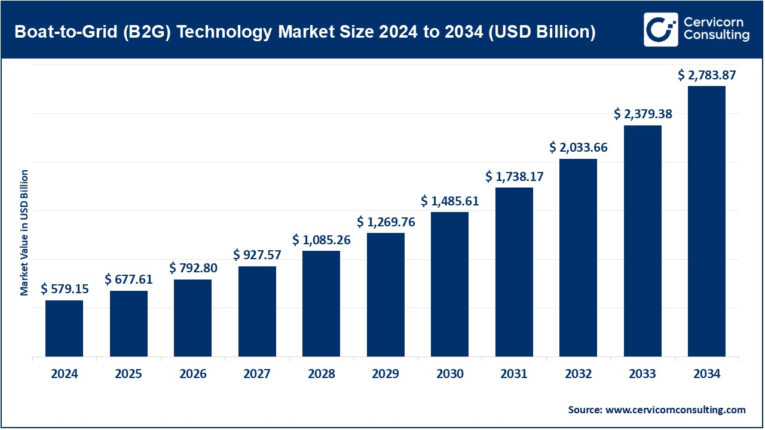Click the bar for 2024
coord(64,328)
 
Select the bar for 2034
coord(706,221)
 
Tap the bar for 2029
coord(385,294)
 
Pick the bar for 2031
coord(514,272)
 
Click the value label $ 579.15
coord(65,289)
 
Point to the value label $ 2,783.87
coord(706,75)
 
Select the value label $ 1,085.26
coord(322,240)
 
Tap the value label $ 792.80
coord(193,268)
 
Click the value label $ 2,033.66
coord(578,148)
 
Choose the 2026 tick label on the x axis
coord(193,374)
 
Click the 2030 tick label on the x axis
coord(449,374)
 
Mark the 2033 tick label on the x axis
coord(642,374)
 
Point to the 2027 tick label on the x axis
coord(257,374)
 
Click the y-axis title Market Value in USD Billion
coord(25,233)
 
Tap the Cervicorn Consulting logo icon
coord(660,29)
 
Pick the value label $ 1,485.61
coord(449,201)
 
